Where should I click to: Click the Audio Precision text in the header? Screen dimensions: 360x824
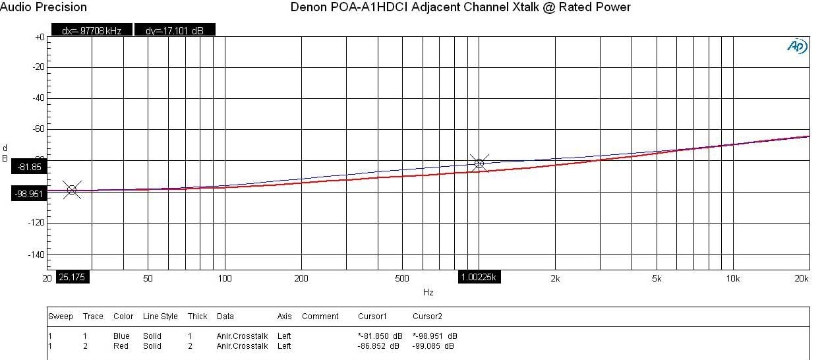pos(44,7)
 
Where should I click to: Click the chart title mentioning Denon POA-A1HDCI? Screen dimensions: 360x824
pos(460,7)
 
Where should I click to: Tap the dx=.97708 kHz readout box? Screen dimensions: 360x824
pos(92,30)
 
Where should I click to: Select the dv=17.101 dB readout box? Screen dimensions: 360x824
pos(174,30)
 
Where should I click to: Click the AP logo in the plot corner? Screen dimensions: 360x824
pos(797,46)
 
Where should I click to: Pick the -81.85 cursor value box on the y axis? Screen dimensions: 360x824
pos(30,167)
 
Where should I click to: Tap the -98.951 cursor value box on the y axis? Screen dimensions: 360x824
pos(30,194)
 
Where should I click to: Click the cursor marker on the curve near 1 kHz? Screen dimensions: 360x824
pos(479,163)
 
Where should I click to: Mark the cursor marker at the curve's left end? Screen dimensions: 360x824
pos(71,190)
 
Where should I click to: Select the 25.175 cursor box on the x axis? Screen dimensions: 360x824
pos(73,278)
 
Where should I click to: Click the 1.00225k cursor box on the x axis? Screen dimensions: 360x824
pos(479,278)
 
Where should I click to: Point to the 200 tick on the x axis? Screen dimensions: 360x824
pos(301,278)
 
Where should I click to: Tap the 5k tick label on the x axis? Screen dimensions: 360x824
pos(657,278)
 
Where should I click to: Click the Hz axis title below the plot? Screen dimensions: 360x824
pos(428,291)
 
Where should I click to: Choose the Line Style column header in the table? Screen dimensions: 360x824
pos(160,316)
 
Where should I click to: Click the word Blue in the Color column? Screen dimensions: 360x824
pos(122,336)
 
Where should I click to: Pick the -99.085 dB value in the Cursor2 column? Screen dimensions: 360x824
pos(433,345)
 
